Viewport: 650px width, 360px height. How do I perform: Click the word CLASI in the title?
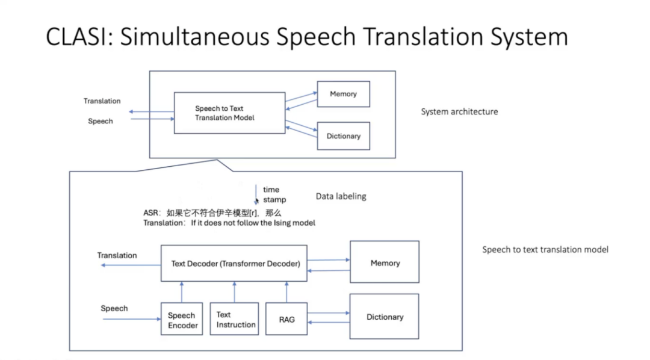tap(78, 37)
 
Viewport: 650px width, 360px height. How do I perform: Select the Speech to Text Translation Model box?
tap(229, 113)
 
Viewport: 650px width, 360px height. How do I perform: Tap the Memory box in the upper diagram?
tap(343, 94)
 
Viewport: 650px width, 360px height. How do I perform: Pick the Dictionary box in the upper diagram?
tap(343, 136)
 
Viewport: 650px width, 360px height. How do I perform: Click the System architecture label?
tap(459, 111)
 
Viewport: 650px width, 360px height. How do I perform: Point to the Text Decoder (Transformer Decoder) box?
tap(234, 263)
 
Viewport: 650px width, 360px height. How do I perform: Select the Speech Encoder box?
tap(182, 319)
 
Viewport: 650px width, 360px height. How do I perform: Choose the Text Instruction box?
tap(234, 319)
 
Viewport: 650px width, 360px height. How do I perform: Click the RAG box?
tap(286, 319)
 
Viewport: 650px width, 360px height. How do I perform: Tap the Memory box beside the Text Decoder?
tap(385, 262)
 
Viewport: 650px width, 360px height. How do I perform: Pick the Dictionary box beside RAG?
tap(385, 317)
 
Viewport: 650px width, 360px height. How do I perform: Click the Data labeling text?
tap(341, 196)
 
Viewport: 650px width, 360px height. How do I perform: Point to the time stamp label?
tap(274, 194)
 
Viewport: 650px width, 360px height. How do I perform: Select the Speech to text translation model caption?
tap(545, 249)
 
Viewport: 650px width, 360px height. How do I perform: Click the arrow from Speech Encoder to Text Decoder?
tap(181, 292)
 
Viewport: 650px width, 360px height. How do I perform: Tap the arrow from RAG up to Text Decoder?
tap(286, 292)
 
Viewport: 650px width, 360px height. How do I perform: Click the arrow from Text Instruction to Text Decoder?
tap(234, 292)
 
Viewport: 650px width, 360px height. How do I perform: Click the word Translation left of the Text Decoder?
tap(117, 255)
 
